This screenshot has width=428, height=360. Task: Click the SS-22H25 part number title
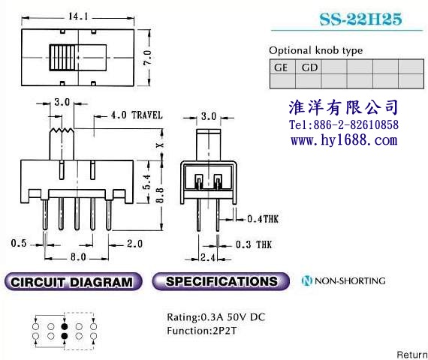pos(360,19)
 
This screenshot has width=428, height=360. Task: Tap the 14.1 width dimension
pos(78,16)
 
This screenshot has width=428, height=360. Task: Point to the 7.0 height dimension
pos(147,57)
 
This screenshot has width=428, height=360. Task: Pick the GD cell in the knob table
pos(309,67)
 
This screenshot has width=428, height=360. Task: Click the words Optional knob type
pos(316,50)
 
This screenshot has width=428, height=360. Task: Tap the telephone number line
pos(344,124)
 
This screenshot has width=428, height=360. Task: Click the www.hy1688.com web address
pos(344,140)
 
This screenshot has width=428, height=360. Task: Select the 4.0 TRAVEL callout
pos(137,115)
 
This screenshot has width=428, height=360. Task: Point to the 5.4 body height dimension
pos(147,182)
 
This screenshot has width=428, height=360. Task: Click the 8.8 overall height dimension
pos(160,195)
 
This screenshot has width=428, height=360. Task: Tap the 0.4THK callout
pos(263,219)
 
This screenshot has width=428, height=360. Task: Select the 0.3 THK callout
pos(254,244)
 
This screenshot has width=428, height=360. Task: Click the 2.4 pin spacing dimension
pos(208,257)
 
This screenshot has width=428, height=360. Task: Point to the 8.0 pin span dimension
pos(78,257)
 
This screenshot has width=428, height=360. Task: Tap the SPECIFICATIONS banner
pos(221,281)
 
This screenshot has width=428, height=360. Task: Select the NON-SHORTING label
pos(343,280)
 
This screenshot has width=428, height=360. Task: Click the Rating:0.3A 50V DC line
pos(216,317)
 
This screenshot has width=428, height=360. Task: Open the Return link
pos(412,355)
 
